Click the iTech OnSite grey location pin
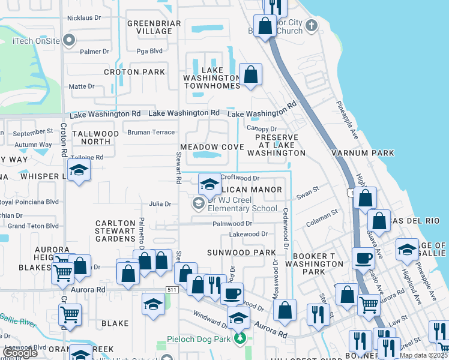69,41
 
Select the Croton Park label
134,72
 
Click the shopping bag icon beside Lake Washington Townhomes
250,75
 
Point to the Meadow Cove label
212,147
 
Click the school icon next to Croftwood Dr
209,184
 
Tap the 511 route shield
172,290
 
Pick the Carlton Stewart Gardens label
115,231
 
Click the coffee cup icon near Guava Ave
363,258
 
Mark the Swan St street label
306,196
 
